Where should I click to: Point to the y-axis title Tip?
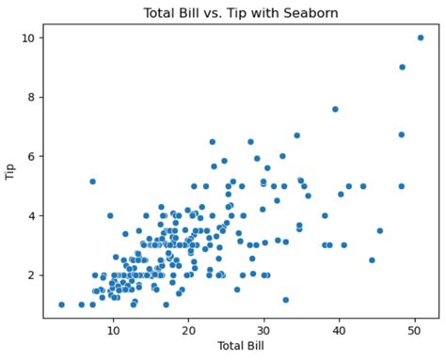pyautogui.click(x=10, y=171)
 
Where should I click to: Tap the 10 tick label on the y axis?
pyautogui.click(x=29, y=38)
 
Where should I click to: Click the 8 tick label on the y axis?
pyautogui.click(x=32, y=97)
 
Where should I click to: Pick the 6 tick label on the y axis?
pyautogui.click(x=32, y=156)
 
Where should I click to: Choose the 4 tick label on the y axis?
pyautogui.click(x=32, y=215)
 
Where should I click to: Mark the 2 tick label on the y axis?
pyautogui.click(x=32, y=274)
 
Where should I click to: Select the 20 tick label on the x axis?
pyautogui.click(x=188, y=332)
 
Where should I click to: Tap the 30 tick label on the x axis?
pyautogui.click(x=264, y=332)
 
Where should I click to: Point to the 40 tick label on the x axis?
pyautogui.click(x=340, y=332)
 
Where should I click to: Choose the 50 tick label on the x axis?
pyautogui.click(x=416, y=332)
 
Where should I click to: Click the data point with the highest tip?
pyautogui.click(x=421, y=38)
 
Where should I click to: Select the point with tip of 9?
pyautogui.click(x=402, y=67)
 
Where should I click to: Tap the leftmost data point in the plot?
pyautogui.click(x=61, y=305)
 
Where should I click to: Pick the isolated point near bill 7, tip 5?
pyautogui.click(x=92, y=181)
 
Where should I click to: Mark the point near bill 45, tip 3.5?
pyautogui.click(x=380, y=230)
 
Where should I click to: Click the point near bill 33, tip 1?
pyautogui.click(x=285, y=300)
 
